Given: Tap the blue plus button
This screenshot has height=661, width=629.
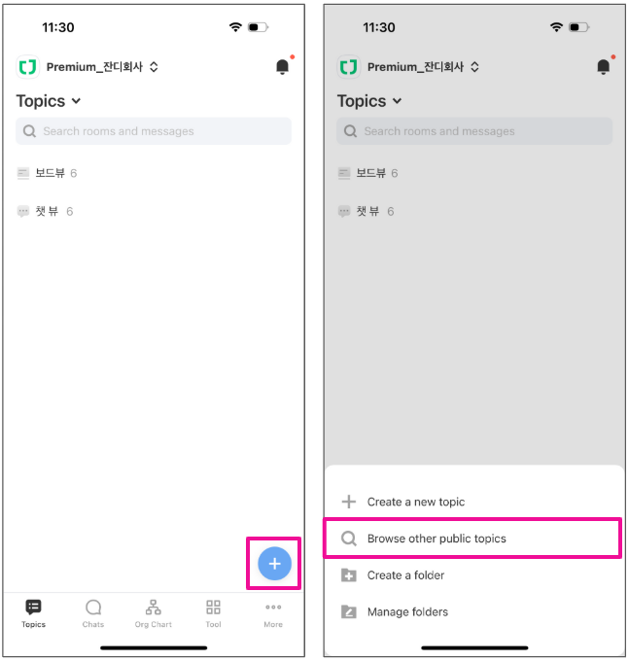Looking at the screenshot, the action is (x=274, y=563).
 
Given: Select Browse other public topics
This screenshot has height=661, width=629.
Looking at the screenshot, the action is (x=437, y=539).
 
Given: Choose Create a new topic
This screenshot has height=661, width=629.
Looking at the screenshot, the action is (x=416, y=502).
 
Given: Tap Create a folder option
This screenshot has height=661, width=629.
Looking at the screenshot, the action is (x=405, y=575).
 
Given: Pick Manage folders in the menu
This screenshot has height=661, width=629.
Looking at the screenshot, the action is (x=407, y=611).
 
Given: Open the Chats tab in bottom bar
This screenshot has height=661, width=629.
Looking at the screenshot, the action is (x=93, y=613).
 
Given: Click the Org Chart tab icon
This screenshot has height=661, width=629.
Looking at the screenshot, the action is (x=153, y=608).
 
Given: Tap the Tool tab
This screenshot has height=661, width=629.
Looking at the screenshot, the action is (x=213, y=613).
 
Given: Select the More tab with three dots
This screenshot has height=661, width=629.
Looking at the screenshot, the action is (x=273, y=613).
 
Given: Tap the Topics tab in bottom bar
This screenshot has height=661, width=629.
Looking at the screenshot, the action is (x=33, y=613).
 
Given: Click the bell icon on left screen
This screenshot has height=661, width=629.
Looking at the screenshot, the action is (x=283, y=67).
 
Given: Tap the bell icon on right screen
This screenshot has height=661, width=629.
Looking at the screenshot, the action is (x=604, y=67).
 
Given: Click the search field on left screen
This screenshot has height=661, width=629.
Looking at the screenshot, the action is (x=154, y=131).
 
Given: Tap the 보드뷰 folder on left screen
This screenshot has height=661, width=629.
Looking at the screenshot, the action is (x=47, y=173).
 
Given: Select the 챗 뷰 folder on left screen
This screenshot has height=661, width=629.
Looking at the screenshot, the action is (x=45, y=211).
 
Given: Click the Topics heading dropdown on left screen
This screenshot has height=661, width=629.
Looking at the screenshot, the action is (x=48, y=101).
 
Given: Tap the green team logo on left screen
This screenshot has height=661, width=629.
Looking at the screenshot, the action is (x=28, y=67).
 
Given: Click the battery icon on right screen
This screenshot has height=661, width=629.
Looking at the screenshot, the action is (x=579, y=27).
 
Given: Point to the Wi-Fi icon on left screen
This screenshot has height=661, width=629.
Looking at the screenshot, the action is (x=235, y=27).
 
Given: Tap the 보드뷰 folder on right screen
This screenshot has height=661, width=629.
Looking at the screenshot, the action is (x=368, y=173).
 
